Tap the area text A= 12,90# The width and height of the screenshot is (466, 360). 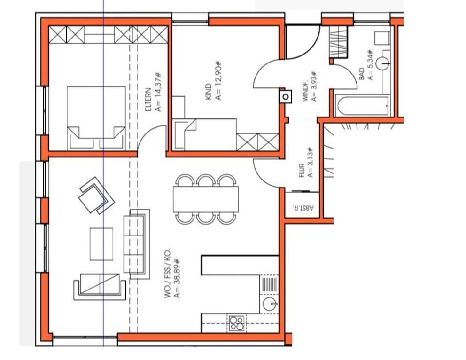218,80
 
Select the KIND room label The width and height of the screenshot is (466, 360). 209,92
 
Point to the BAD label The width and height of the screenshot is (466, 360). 362,74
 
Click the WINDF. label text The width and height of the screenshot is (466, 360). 305,92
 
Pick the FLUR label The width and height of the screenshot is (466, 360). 302,170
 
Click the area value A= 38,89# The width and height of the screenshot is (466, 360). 177,278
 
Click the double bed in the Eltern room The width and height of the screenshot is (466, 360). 96,117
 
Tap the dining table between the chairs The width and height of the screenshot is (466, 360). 206,199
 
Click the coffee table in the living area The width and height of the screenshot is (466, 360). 101,244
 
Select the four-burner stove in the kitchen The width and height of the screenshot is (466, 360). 236,323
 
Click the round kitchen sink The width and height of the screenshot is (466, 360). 270,305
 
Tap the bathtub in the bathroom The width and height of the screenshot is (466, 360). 362,106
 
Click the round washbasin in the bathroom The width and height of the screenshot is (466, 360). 382,63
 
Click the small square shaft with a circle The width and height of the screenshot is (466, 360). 286,97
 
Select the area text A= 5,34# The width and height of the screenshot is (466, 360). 370,65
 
